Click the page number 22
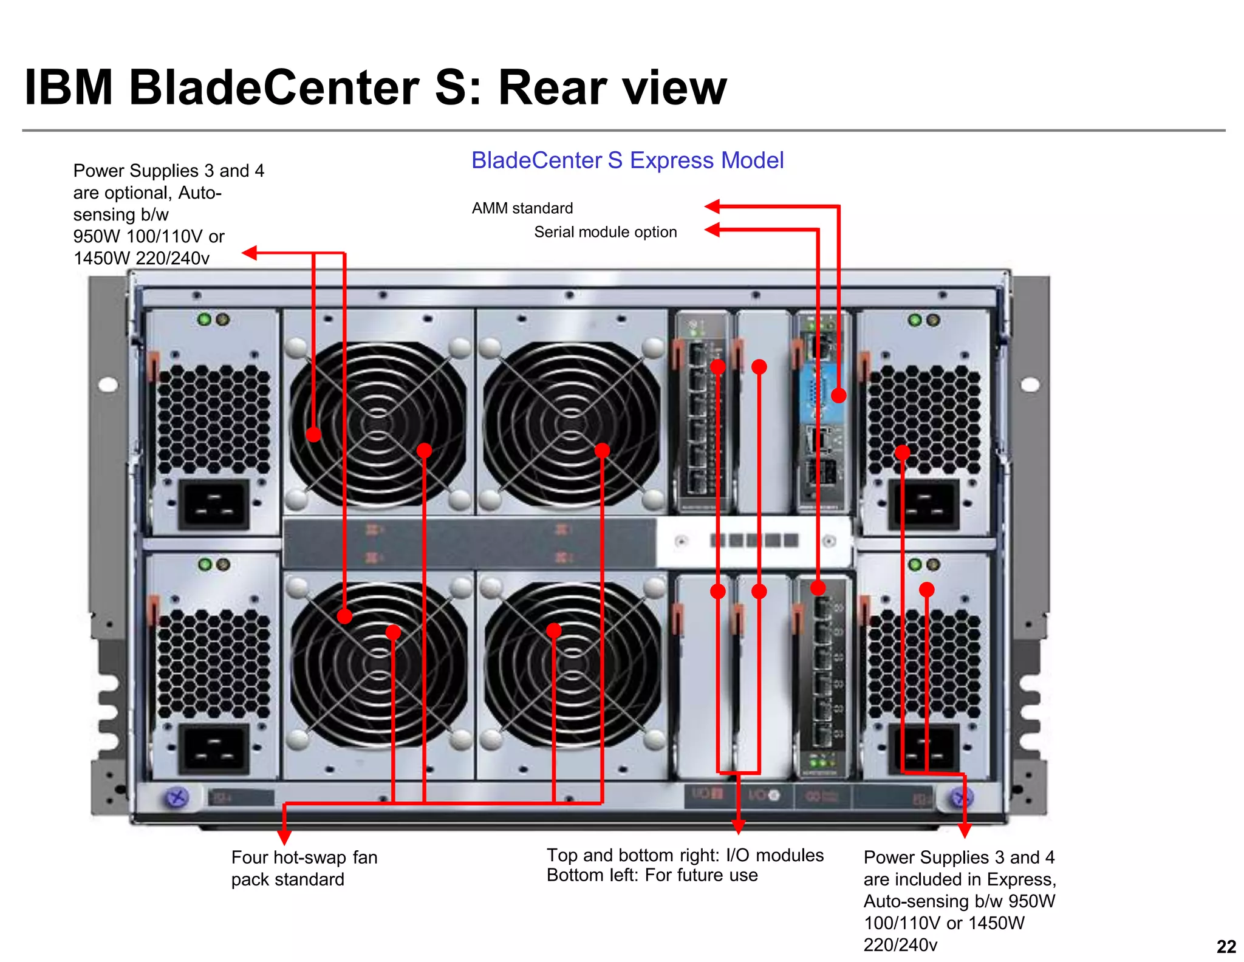coord(1226,946)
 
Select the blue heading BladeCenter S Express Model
coord(627,160)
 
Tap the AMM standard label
coord(522,208)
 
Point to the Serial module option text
coord(605,232)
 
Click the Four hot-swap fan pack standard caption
coord(304,868)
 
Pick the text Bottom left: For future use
coord(652,875)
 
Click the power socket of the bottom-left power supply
coord(214,748)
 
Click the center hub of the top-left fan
coord(378,423)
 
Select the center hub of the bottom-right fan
coord(572,663)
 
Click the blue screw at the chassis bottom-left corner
coord(177,797)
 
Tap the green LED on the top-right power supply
coord(915,319)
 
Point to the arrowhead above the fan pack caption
coord(284,837)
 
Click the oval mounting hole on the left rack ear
coord(108,384)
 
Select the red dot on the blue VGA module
coord(838,395)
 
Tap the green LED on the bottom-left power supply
coord(205,564)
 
